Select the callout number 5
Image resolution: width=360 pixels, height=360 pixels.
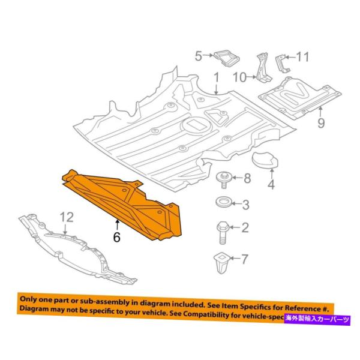pyautogui.click(x=199, y=56)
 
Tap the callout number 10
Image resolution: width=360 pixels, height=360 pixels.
pyautogui.click(x=240, y=77)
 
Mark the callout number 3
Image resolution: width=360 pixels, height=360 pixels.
pyautogui.click(x=246, y=205)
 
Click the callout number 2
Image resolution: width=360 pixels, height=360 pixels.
pyautogui.click(x=245, y=227)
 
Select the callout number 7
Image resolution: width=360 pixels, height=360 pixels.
pyautogui.click(x=245, y=260)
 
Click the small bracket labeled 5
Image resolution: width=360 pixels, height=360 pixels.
pyautogui.click(x=226, y=58)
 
